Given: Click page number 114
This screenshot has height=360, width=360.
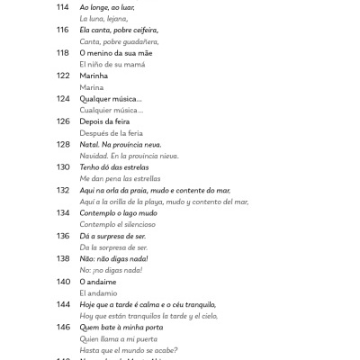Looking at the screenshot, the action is pos(62,7).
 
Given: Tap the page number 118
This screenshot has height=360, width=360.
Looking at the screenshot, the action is pos(62,53).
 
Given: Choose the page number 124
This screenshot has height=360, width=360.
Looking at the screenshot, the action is pos(62,99).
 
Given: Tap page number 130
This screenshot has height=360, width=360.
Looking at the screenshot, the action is pos(62,167).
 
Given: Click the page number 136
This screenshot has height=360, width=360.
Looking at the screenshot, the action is pos(62,236).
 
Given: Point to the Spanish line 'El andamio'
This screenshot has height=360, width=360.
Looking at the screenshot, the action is pos(98,292).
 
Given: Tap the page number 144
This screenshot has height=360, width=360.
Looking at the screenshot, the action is pos(62,304).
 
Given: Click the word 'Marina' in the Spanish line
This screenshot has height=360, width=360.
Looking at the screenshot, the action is pos(92,87).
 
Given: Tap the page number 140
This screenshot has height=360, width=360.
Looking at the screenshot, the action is pos(62,282).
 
